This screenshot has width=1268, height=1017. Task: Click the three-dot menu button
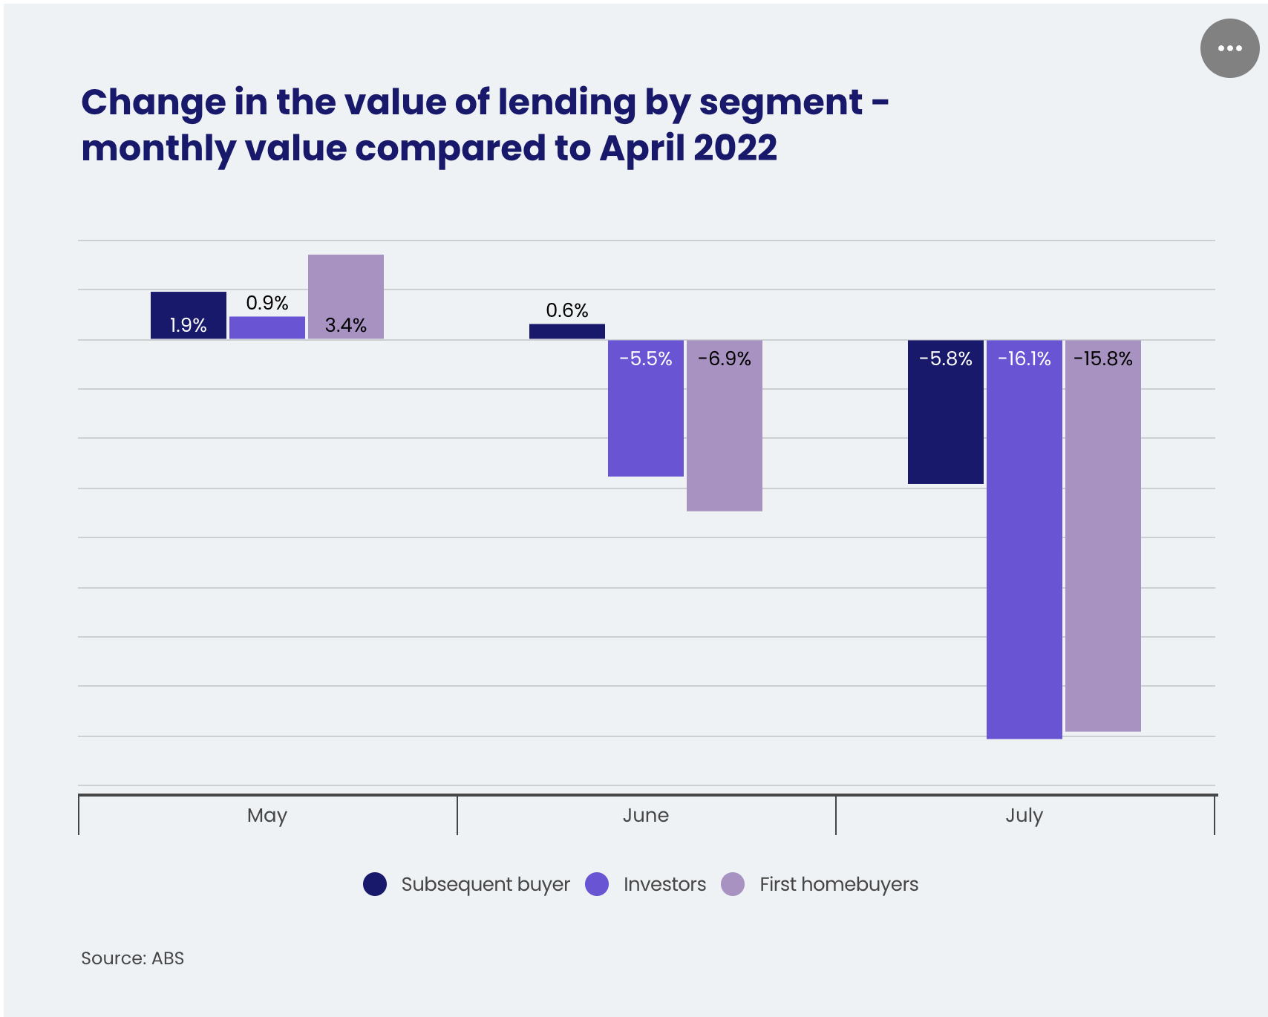click(x=1229, y=48)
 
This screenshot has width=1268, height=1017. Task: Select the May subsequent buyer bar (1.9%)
click(x=189, y=315)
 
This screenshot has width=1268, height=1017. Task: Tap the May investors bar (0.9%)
click(x=267, y=328)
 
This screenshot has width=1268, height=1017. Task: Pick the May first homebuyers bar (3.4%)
click(x=346, y=296)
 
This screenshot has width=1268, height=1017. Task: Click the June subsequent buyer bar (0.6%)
click(x=567, y=332)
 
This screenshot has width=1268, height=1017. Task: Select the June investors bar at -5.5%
click(x=646, y=416)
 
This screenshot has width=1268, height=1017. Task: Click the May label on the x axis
click(x=267, y=815)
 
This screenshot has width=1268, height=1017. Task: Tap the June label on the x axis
click(x=646, y=815)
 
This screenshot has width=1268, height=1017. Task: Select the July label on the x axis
click(x=1024, y=815)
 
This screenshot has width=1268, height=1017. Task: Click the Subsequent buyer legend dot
click(x=375, y=884)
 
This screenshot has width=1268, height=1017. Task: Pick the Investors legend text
click(x=664, y=884)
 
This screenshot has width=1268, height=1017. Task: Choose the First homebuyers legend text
click(x=839, y=884)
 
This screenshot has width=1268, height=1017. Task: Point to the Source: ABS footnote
click(x=133, y=958)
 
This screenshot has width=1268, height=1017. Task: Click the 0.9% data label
click(x=267, y=303)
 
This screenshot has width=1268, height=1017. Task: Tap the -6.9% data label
click(x=725, y=359)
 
